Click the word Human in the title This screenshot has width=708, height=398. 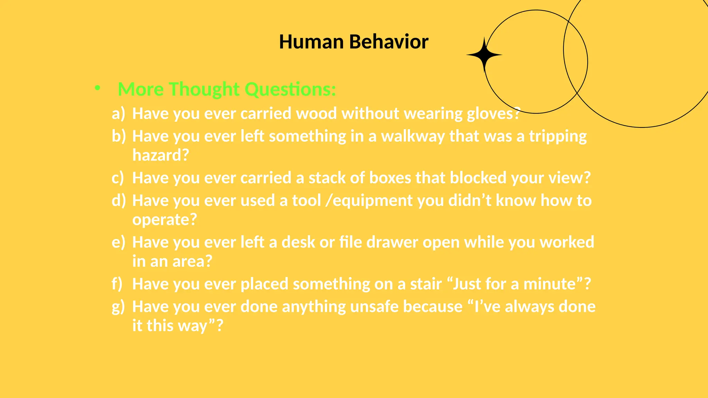click(x=311, y=42)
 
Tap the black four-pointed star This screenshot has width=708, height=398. click(x=484, y=55)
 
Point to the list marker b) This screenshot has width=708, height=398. click(x=119, y=136)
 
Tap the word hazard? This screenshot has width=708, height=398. click(x=161, y=155)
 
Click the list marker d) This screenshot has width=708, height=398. click(x=119, y=200)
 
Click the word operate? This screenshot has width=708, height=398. click(x=165, y=219)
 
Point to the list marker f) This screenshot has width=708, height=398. click(x=117, y=284)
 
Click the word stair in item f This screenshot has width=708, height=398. click(x=426, y=284)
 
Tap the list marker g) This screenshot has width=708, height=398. click(x=118, y=307)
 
